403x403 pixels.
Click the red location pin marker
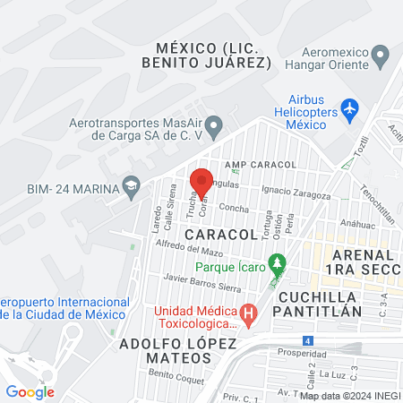tap(201, 182)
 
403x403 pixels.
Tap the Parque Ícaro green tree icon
tap(279, 264)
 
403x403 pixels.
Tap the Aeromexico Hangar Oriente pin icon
tap(381, 57)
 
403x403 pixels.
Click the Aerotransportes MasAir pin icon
tap(213, 130)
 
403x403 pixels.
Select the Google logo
tap(30, 391)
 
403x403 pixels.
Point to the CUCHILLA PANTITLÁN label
tap(320, 304)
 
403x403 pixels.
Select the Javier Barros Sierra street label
tap(198, 283)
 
